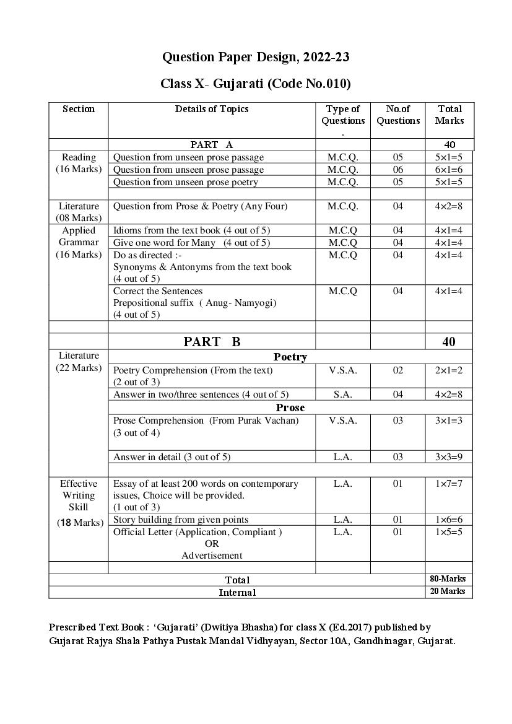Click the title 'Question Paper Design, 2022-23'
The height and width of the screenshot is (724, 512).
256,58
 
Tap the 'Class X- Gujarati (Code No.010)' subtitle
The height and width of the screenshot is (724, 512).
256,84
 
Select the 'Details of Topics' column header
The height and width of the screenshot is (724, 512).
212,109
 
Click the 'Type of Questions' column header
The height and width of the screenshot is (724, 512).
343,115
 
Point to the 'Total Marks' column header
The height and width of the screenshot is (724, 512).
449,115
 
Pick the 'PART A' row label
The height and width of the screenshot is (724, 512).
212,145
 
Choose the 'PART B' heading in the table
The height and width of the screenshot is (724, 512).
212,341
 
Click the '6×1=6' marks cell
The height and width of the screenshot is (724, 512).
449,170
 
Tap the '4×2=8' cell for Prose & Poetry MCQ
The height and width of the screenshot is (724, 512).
449,206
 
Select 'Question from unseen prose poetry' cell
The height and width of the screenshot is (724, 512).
186,182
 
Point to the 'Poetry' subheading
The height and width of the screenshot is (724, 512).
290,357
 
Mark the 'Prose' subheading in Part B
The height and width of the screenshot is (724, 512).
290,408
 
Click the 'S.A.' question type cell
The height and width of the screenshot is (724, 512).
343,395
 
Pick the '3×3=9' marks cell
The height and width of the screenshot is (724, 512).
449,457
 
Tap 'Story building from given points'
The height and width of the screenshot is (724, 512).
181,520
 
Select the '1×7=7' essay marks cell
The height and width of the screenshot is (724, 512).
449,484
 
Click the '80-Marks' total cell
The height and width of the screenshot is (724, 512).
448,579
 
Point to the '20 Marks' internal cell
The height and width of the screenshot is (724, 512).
448,591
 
